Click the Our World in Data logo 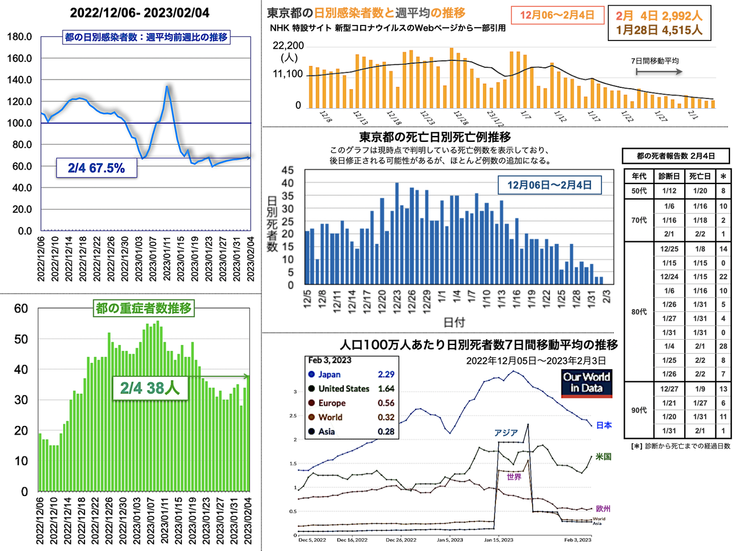587,384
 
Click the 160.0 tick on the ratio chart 21,58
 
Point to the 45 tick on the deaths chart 288,171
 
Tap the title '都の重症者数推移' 144,308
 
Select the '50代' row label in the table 635,190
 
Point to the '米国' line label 603,457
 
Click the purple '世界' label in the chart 514,477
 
